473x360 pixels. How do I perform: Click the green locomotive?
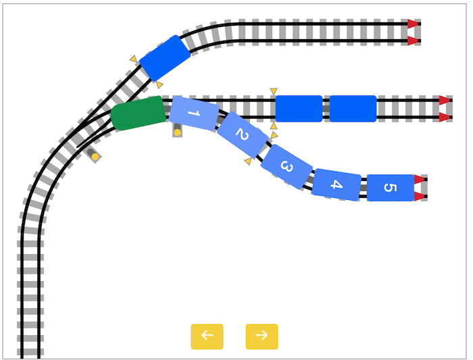[139, 113]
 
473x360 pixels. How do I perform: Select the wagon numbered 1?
[194, 113]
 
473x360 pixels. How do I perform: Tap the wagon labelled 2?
[242, 134]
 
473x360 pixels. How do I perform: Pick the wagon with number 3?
[287, 166]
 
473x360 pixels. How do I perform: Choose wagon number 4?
[337, 184]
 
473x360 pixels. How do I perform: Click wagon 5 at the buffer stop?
[390, 188]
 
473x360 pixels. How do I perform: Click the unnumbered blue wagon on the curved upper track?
[165, 58]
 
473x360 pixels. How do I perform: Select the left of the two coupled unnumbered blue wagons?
[299, 109]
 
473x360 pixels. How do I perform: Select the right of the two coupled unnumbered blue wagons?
[353, 109]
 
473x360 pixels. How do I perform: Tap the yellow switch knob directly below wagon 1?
[177, 132]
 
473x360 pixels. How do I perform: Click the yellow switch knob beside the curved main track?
[95, 157]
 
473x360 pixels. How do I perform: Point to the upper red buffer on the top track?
[413, 24]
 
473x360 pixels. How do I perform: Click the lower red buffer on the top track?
[413, 41]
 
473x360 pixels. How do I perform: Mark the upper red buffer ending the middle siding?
[444, 100]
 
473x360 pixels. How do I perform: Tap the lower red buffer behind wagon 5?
[419, 197]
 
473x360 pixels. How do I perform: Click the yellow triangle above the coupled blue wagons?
[274, 91]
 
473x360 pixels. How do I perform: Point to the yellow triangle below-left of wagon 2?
[248, 161]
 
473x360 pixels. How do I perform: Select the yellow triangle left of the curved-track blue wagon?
[134, 59]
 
